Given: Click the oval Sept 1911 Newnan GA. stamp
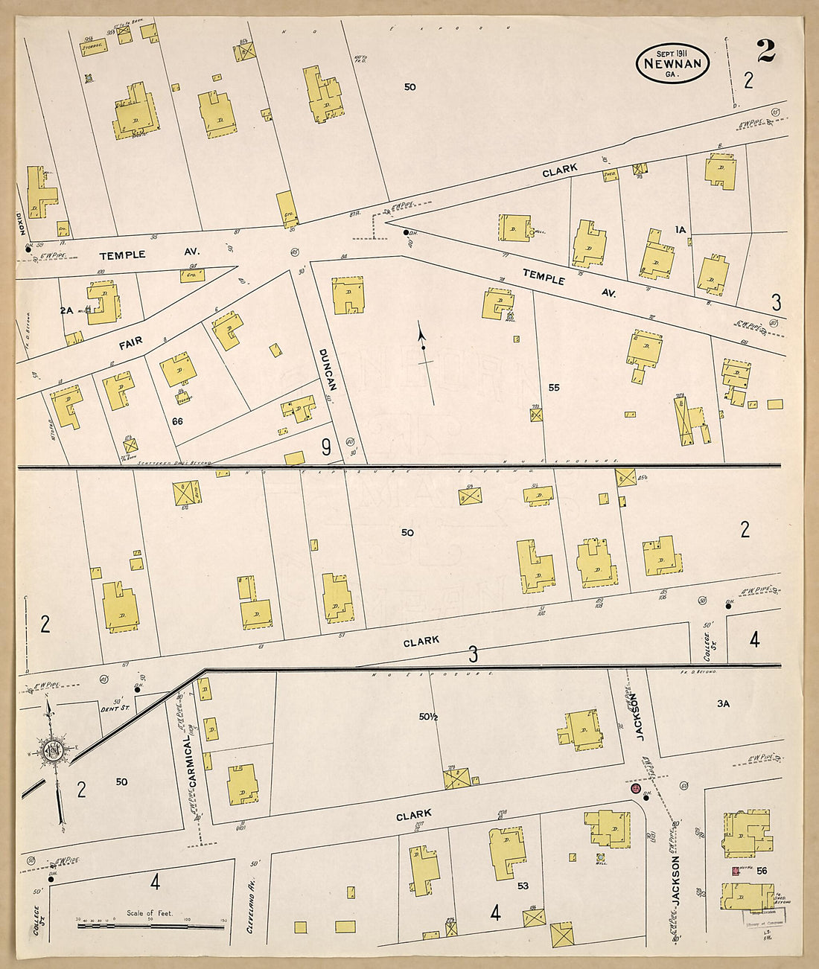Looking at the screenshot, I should point(672,63).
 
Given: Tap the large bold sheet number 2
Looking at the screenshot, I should point(765,51).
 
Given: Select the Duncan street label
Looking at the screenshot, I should point(328,369).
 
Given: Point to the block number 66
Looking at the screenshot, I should point(177,421).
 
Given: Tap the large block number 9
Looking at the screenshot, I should point(326,447).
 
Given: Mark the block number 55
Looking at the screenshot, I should point(553,388).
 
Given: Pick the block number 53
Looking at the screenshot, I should point(523,886).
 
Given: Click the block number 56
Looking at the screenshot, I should point(761,870).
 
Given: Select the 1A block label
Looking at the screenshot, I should point(680,231).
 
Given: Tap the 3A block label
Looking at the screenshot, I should point(723,703).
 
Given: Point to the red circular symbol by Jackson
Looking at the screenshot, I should point(635,788).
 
